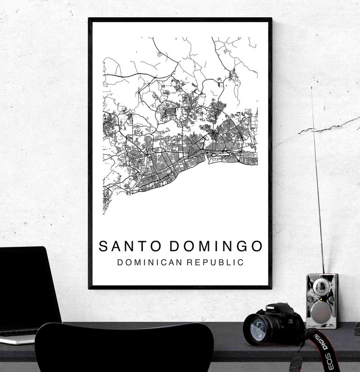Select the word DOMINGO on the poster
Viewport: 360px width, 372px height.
tap(216, 246)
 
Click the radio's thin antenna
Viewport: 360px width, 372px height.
tap(317, 181)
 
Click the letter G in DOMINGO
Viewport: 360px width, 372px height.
tap(241, 246)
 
